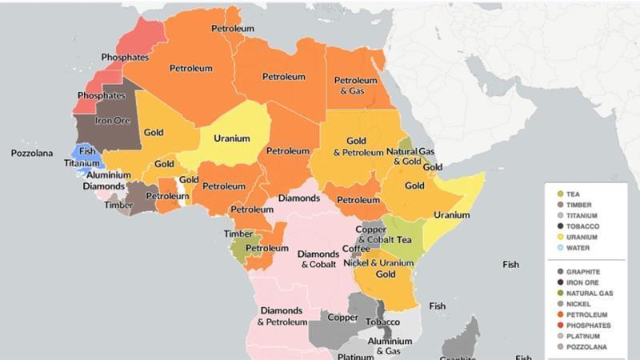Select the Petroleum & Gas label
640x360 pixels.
point(355,86)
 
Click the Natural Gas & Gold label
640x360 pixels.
point(410,156)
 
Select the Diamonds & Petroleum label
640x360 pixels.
point(282,316)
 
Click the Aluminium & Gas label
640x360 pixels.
point(383,346)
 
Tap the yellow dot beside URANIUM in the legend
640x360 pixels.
point(559,238)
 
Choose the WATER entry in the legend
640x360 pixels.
point(578,248)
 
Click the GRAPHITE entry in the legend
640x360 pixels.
point(582,272)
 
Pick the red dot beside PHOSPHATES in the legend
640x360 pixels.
point(559,326)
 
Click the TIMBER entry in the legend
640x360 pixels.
point(578,205)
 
